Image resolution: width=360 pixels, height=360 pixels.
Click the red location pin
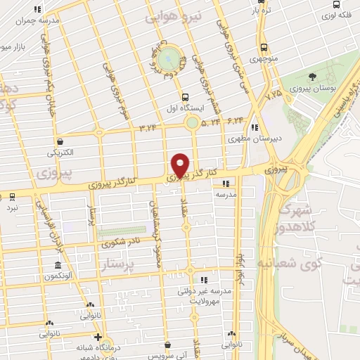point(181,165)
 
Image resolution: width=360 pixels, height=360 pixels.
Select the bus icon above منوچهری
point(263,48)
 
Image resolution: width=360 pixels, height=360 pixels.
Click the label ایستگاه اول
point(184,109)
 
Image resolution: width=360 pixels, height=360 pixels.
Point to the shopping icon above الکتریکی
point(61,141)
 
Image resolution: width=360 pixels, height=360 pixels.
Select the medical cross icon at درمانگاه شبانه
point(98,336)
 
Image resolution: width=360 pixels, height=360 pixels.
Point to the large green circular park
point(169,58)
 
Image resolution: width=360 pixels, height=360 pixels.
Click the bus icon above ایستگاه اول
point(184,98)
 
